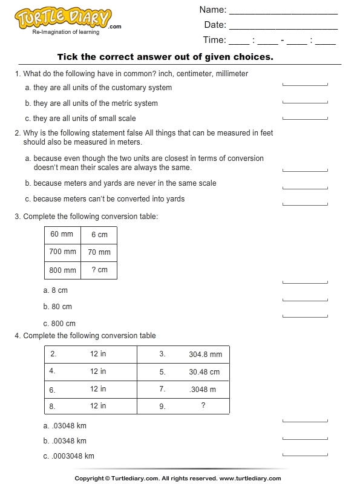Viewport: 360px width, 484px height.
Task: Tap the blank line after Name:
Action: (283, 12)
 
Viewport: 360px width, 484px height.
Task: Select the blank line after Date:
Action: (283, 27)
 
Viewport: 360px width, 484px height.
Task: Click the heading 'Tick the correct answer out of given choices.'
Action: (165, 57)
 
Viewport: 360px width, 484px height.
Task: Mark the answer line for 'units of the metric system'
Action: (305, 102)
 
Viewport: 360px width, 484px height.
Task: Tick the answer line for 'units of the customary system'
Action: (305, 85)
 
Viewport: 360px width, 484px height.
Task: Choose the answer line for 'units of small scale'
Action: (305, 117)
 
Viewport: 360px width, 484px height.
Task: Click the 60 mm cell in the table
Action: (62, 235)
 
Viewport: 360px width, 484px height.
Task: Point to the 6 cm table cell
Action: (99, 235)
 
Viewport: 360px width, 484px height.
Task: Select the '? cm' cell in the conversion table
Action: (99, 270)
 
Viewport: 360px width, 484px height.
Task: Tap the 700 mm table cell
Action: (63, 252)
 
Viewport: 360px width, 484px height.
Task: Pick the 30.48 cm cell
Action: (205, 372)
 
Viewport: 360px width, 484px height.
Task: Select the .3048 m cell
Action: (203, 389)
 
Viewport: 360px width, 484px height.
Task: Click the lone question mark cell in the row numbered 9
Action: (203, 406)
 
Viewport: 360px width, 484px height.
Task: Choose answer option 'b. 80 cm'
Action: (57, 307)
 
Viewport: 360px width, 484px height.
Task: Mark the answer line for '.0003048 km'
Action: (305, 455)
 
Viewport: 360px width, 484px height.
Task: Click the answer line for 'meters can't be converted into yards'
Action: (305, 204)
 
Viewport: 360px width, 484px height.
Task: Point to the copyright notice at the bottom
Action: (180, 478)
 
